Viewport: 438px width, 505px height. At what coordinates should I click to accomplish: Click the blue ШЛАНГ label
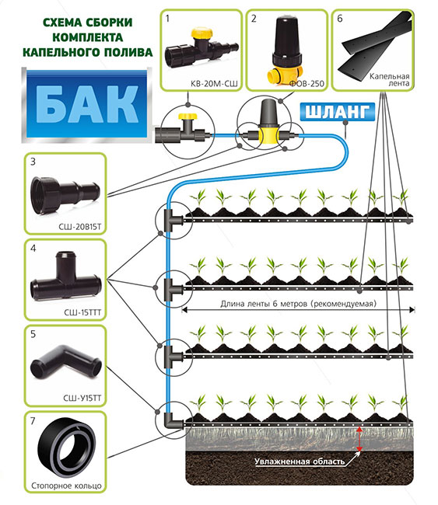tap(338, 112)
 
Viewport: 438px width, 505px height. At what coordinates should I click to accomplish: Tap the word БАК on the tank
tap(87, 105)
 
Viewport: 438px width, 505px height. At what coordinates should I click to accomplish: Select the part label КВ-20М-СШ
tap(214, 84)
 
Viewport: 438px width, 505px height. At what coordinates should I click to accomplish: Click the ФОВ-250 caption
tap(307, 84)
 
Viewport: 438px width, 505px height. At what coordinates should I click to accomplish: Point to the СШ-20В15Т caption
tap(79, 227)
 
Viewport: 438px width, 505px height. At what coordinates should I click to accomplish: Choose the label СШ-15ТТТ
tap(82, 312)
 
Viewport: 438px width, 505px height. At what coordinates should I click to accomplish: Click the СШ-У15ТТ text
tap(82, 399)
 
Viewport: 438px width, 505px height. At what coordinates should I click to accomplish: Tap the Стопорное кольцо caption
tap(66, 486)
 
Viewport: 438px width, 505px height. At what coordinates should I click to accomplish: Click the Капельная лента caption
tap(390, 80)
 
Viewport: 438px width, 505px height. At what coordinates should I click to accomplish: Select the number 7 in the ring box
tap(33, 421)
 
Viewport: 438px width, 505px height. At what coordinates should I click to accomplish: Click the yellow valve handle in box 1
tap(201, 33)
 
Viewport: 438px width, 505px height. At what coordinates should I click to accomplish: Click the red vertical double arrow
tap(359, 439)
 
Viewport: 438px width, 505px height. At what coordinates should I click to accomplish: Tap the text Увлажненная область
tap(300, 461)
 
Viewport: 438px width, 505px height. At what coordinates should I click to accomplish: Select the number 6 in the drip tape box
tap(340, 19)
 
